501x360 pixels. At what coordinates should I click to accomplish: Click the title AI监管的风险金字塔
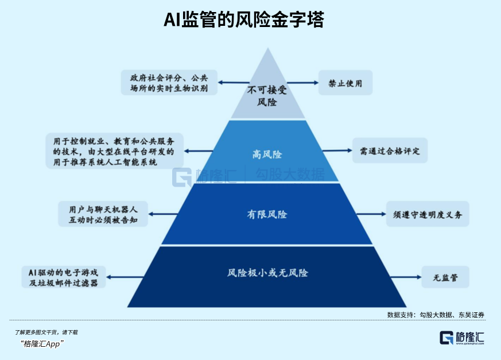tap(244, 20)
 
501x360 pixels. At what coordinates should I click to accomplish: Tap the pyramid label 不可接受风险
tap(267, 96)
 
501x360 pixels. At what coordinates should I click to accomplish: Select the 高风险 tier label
tap(267, 154)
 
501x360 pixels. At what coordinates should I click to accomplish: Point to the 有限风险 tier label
tap(267, 214)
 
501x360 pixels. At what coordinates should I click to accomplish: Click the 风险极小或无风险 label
tap(267, 273)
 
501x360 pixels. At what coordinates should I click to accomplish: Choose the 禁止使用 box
tap(345, 83)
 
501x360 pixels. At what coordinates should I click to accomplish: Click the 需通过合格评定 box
tap(390, 150)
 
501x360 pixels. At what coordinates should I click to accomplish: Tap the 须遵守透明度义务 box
tap(428, 214)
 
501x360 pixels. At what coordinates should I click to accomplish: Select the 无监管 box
tap(445, 277)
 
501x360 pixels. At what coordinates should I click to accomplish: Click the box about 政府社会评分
tap(169, 83)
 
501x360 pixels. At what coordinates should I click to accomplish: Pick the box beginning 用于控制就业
tap(114, 151)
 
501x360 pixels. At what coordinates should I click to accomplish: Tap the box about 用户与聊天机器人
tap(103, 214)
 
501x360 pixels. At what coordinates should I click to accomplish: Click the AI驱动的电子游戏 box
tap(64, 277)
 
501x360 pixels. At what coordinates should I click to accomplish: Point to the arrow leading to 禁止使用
tap(302, 83)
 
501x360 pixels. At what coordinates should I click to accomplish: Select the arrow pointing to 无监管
tap(406, 277)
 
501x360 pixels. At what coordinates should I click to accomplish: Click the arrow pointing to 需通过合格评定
tap(337, 150)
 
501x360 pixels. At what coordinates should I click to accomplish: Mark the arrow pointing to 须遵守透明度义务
tap(371, 214)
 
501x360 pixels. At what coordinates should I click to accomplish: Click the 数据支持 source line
tap(436, 315)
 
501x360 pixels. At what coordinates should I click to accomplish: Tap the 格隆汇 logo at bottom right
tap(462, 338)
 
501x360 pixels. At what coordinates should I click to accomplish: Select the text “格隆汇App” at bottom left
tap(42, 344)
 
